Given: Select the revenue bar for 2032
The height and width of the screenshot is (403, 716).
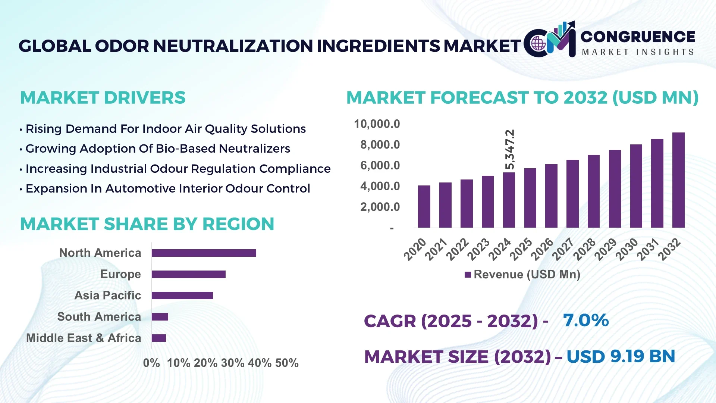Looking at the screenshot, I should coord(678,180).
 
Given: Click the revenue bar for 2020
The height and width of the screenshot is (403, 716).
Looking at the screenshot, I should coord(424,206).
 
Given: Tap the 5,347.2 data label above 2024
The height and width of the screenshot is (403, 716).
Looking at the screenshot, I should coord(510,149).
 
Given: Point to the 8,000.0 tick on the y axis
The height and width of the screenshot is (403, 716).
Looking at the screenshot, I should coord(380,145).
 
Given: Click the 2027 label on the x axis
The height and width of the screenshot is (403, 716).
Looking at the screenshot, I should coord(563,249).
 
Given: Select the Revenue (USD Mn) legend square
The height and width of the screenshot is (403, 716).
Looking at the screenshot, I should coord(468,275).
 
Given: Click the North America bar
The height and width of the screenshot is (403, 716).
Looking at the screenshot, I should coord(204,253).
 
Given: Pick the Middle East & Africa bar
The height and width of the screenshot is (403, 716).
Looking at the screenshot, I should coord(159,338).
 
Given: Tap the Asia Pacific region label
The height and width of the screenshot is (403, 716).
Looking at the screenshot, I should coord(107,295).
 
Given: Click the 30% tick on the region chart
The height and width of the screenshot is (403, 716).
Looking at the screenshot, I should coord(233,363).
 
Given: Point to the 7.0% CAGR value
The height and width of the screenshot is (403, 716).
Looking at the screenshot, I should coord(585,320).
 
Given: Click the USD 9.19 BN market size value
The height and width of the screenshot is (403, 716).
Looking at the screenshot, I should coord(621,356).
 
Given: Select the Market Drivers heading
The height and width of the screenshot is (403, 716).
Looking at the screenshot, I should coord(103,98).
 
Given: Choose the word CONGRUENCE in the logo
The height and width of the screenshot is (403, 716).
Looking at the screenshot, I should coord(637,37).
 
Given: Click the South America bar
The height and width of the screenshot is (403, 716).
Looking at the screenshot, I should coord(160,317).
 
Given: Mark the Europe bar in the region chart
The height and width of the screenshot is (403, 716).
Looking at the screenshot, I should coord(188,274).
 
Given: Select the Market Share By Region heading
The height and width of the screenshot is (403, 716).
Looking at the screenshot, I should coord(147,224).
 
